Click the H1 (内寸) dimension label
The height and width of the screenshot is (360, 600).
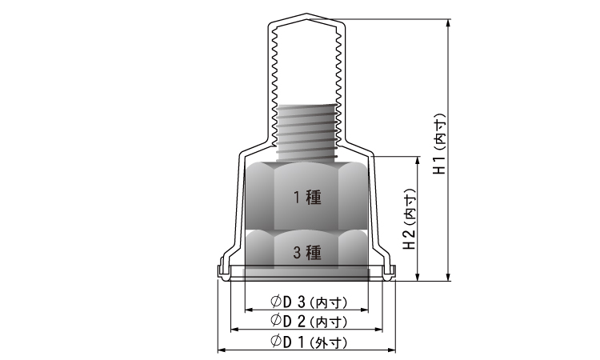(x=440, y=144)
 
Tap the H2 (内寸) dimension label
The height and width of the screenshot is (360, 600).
(x=410, y=219)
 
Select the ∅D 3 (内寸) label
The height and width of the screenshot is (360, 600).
(x=309, y=302)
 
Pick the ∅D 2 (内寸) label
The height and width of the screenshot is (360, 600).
(x=309, y=321)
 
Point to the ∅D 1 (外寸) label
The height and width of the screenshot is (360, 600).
(x=309, y=342)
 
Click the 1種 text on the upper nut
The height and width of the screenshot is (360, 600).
(x=307, y=197)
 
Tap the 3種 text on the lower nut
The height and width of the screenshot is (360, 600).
(x=307, y=253)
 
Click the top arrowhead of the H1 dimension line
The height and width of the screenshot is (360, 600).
(x=449, y=23)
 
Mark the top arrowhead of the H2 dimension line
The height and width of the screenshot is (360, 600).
(x=418, y=161)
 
